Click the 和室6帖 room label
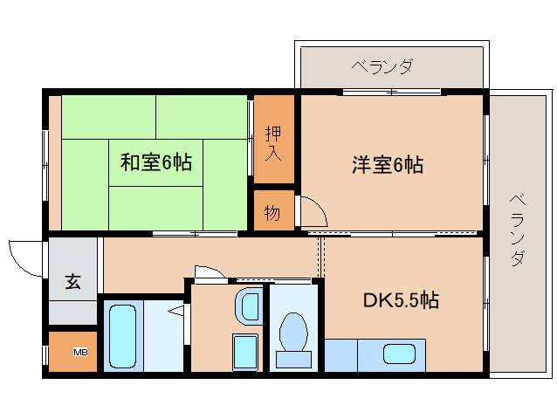[x=156, y=162]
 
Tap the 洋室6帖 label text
[x=388, y=165]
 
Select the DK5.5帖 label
[x=401, y=300]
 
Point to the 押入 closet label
[x=273, y=143]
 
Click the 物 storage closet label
[x=272, y=213]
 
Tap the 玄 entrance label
[x=72, y=281]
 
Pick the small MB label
[x=80, y=353]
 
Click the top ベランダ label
[x=382, y=66]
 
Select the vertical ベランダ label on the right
[x=518, y=230]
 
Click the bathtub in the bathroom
[x=122, y=337]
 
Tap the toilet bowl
[x=293, y=332]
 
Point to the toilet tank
[x=293, y=360]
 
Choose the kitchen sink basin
[x=399, y=354]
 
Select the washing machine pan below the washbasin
[x=245, y=353]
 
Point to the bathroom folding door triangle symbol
[x=176, y=311]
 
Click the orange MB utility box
[x=72, y=352]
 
